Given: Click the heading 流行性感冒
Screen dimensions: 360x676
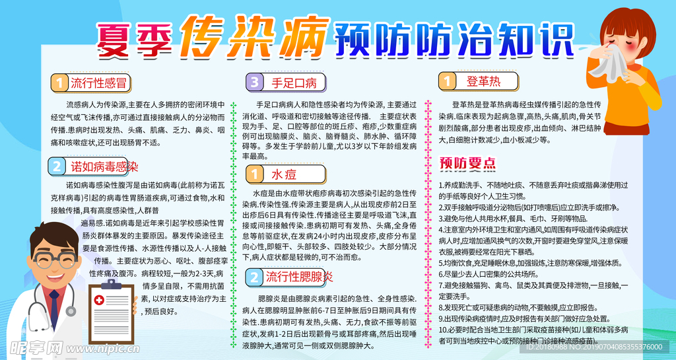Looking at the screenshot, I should [99, 83].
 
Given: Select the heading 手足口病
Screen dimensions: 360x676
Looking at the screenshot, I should [294, 83].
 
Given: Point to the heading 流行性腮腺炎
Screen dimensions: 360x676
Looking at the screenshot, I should [300, 275].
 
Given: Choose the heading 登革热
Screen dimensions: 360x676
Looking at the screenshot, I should [483, 81].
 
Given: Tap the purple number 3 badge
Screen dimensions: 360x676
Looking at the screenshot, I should [254, 83].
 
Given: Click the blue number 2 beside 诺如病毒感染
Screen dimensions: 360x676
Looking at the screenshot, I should [57, 166].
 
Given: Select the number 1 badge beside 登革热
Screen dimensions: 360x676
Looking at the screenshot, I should [448, 81].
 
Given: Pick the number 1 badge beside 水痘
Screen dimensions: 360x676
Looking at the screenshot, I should [254, 174].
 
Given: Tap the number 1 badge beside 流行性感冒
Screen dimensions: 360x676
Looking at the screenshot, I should [59, 83].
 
